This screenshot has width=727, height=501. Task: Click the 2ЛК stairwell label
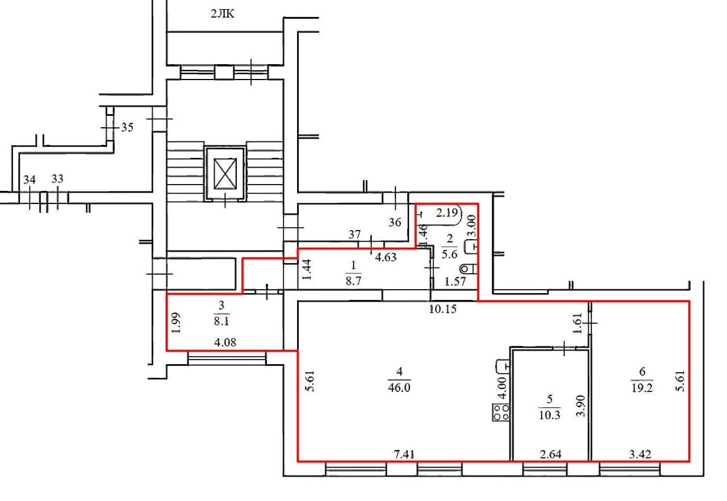coord(222,14)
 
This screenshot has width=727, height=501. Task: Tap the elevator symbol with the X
coord(225,174)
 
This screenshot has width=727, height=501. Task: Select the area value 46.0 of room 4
coord(399,387)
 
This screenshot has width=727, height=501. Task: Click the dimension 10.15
coord(442,309)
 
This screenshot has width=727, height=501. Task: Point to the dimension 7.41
coord(404,454)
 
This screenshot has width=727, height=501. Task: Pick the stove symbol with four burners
coord(501,412)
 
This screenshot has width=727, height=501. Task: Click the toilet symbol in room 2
coord(469,269)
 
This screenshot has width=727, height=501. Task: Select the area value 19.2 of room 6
coord(642,387)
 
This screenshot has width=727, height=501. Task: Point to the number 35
coord(127,127)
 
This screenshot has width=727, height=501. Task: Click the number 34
coord(29,179)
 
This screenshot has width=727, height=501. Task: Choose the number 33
coord(57,179)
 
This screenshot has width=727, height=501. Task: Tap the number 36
coord(395,222)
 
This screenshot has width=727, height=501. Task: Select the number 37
coord(354,234)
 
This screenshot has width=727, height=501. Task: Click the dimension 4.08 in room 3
coord(225,343)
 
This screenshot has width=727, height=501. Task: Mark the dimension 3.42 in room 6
coord(640,454)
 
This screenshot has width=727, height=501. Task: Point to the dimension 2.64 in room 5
coord(551,454)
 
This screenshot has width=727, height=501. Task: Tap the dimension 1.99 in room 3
coord(176,323)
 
